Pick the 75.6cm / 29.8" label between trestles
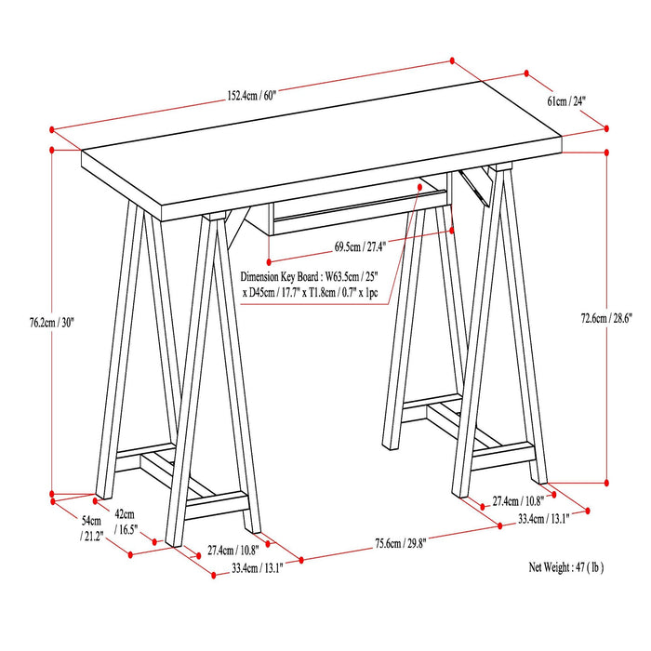pos(387,544)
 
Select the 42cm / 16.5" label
pos(125,522)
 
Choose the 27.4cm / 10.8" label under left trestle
pos(232,549)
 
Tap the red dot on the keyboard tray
pos(420,186)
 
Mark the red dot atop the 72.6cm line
pos(606,152)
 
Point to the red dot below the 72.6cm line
pos(606,483)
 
